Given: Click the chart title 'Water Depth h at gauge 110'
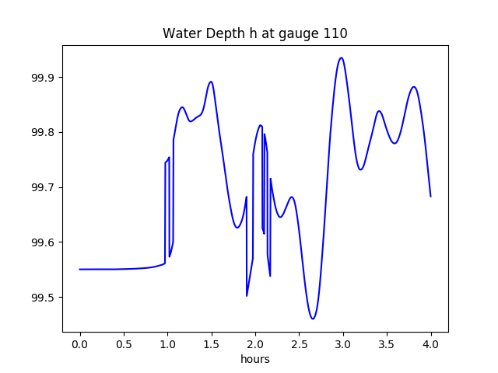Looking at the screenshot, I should tap(254, 33).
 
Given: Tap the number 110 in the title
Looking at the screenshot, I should tap(335, 33).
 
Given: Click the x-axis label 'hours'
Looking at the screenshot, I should tap(254, 360).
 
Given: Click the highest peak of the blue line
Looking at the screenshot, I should tap(341, 58).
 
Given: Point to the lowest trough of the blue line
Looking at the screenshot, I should tap(313, 319).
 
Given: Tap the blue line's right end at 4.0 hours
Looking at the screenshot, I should tap(430, 197).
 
